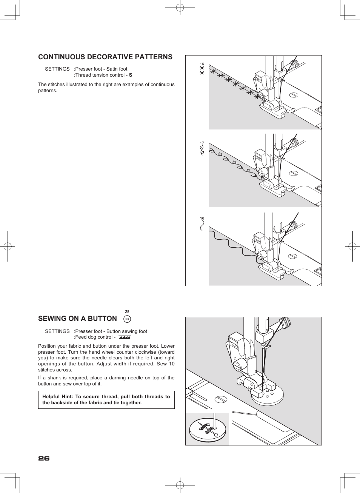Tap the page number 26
click(x=44, y=458)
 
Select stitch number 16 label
click(x=202, y=64)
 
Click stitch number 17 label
click(x=202, y=143)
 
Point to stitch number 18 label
click(x=202, y=218)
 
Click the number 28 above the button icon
click(x=127, y=312)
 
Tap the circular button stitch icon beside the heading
click(x=127, y=319)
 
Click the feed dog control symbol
click(x=125, y=337)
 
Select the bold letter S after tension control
click(x=131, y=75)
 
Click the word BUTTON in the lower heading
click(x=102, y=319)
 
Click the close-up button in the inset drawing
click(x=208, y=429)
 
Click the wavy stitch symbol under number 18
click(x=202, y=225)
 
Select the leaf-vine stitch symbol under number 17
click(x=202, y=151)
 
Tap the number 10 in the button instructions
click(x=172, y=364)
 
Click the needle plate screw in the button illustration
click(x=220, y=399)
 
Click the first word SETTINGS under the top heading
click(x=57, y=69)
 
